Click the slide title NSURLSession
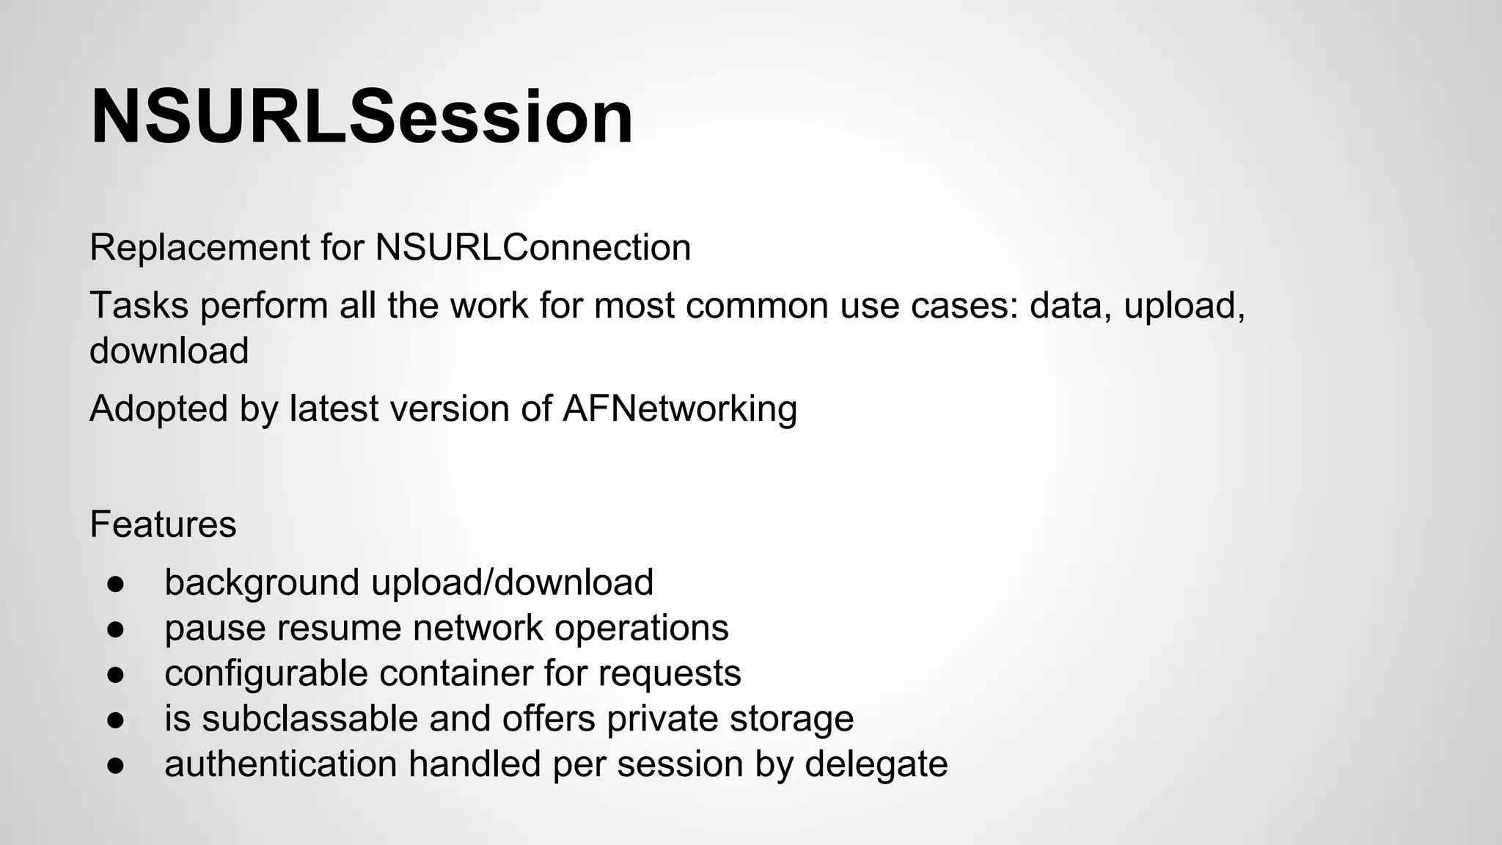coord(362,117)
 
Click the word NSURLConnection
coord(533,248)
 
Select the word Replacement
coord(199,248)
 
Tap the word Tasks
coord(139,305)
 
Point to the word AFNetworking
coord(680,409)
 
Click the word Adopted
coord(158,409)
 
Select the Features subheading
coord(163,524)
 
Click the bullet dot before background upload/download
coord(115,584)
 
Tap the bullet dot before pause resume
coord(115,629)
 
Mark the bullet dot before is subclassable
coord(115,720)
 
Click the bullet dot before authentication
coord(115,765)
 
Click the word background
coord(262,583)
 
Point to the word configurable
coord(266,673)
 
